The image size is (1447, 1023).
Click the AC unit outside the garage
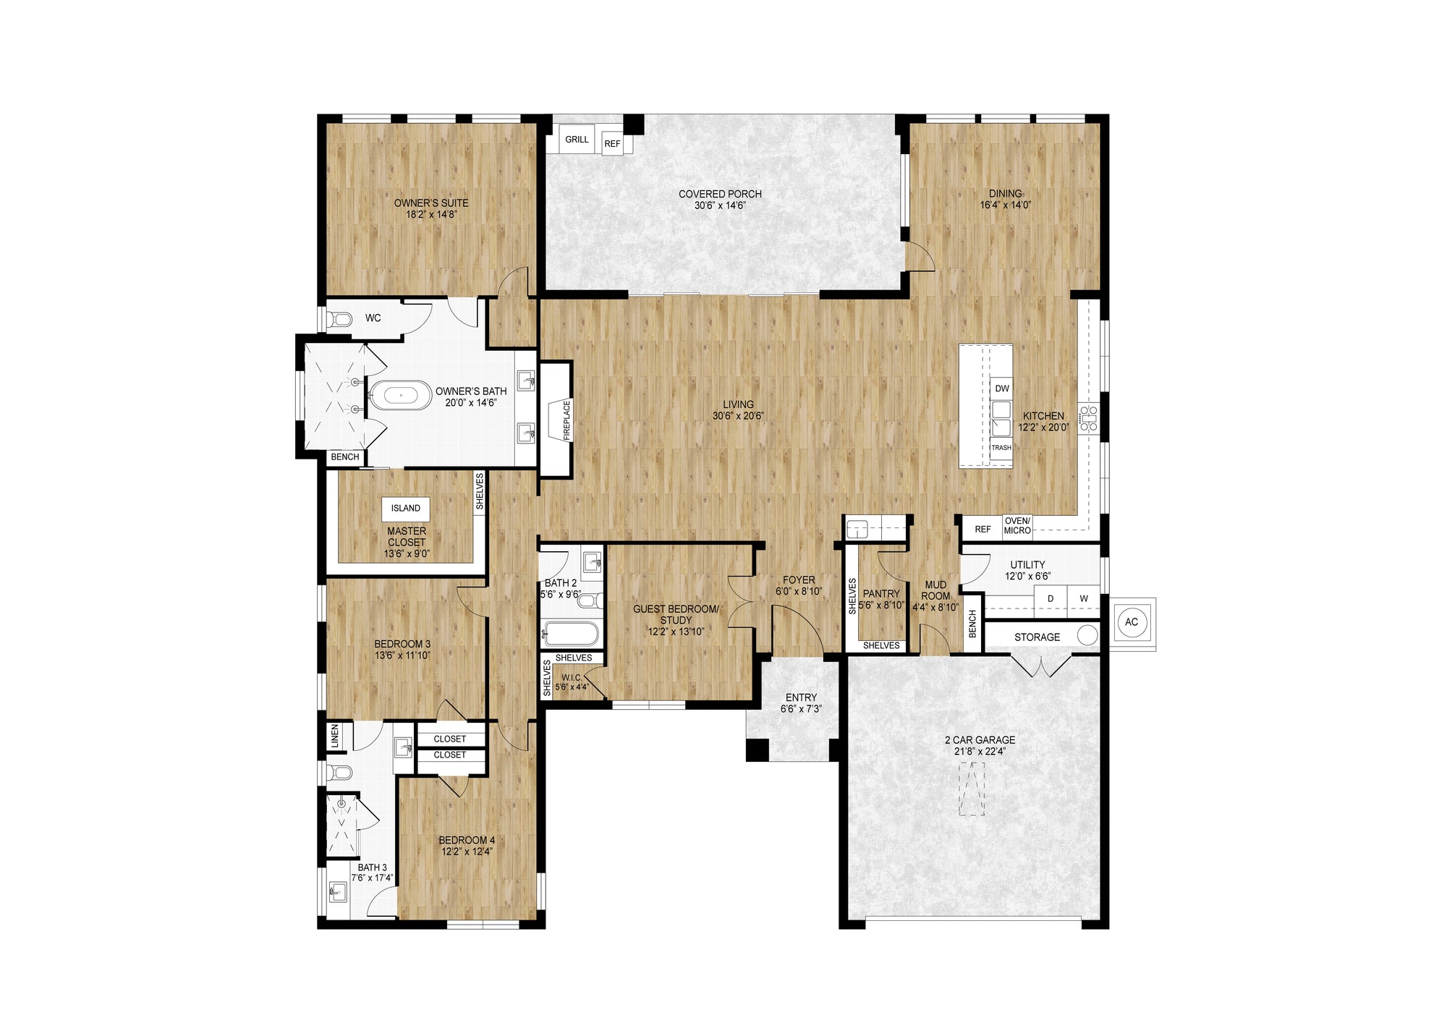pyautogui.click(x=1132, y=622)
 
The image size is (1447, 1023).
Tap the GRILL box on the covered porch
pyautogui.click(x=577, y=139)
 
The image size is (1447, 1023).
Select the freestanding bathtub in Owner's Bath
pyautogui.click(x=400, y=396)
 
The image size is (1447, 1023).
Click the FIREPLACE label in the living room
pyautogui.click(x=567, y=420)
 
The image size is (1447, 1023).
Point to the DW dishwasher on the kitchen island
pyautogui.click(x=1001, y=389)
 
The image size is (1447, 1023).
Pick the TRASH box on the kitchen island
pyautogui.click(x=1001, y=448)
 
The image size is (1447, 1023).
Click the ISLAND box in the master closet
pyautogui.click(x=406, y=508)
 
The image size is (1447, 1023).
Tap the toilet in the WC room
pyautogui.click(x=339, y=319)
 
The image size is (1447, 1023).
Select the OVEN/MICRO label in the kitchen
pyautogui.click(x=1017, y=526)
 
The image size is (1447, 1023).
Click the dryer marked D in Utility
pyautogui.click(x=1051, y=598)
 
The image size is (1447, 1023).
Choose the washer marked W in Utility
pyautogui.click(x=1084, y=598)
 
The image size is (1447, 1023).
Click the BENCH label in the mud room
pyautogui.click(x=972, y=624)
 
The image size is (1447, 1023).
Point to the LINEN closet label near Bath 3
pyautogui.click(x=334, y=737)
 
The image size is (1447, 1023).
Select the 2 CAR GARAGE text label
pyautogui.click(x=980, y=739)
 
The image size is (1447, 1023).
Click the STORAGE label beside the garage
pyautogui.click(x=1037, y=637)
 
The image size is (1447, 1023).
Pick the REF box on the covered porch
pyautogui.click(x=612, y=143)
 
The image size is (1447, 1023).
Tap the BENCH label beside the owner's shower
pyautogui.click(x=344, y=457)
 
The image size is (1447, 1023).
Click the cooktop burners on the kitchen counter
pyautogui.click(x=1088, y=419)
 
